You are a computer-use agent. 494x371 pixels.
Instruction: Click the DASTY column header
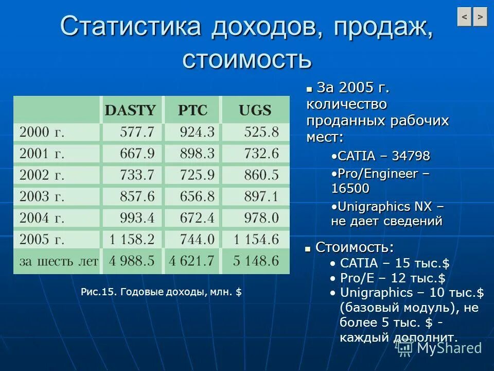(130, 110)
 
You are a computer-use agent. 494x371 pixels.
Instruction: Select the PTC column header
(192, 110)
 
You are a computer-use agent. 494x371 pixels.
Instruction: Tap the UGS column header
(255, 110)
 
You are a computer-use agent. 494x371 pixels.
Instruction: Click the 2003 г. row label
(42, 196)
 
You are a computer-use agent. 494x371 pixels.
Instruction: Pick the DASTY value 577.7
(137, 132)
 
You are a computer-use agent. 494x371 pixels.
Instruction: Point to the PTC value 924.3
(197, 132)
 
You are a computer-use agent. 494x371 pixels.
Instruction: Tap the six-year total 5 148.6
(255, 261)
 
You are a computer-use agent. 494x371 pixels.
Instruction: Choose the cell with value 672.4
(197, 218)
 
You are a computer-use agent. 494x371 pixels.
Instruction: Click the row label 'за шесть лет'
(58, 261)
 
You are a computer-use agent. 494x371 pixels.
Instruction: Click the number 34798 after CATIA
(411, 156)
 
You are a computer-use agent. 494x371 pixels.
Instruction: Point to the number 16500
(350, 189)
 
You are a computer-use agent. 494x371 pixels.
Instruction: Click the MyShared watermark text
(449, 348)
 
